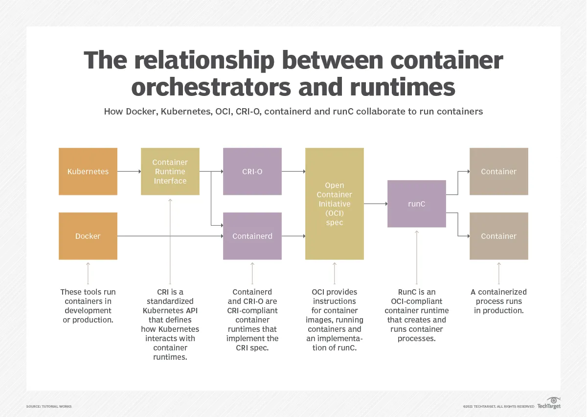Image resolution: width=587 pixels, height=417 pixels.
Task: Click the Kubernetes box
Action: [x=88, y=171]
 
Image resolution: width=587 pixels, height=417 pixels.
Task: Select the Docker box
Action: [x=88, y=236]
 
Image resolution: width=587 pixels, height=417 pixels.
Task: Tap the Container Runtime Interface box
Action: [x=170, y=171]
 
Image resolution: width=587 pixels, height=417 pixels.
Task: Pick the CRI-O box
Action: [x=252, y=171]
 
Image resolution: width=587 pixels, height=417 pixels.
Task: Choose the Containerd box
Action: [x=252, y=236]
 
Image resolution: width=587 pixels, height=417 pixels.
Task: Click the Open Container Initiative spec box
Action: [x=335, y=204]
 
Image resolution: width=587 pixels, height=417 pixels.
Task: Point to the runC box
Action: [x=417, y=204]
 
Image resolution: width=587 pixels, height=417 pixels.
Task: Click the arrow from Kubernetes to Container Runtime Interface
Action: [x=129, y=171]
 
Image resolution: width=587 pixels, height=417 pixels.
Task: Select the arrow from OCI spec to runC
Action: [x=376, y=204]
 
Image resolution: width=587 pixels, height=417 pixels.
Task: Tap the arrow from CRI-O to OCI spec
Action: [x=293, y=171]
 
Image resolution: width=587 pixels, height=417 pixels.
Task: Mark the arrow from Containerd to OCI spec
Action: [x=293, y=236]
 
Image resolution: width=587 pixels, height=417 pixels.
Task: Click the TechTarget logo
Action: [x=549, y=403]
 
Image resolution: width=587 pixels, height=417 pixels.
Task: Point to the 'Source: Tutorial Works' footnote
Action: [x=49, y=407]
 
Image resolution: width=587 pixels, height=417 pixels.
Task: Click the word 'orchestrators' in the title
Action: [x=211, y=87]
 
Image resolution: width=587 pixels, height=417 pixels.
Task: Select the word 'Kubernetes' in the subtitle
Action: [x=186, y=112]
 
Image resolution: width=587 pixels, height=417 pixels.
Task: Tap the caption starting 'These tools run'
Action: [x=88, y=306]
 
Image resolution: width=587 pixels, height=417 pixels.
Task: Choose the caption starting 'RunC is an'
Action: [x=417, y=315]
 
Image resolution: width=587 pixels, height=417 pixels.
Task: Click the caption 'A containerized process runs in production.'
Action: [x=498, y=301]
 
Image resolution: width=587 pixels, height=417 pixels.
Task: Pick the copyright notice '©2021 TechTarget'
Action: [x=498, y=407]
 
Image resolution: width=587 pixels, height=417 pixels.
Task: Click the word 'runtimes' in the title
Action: [x=402, y=87]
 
